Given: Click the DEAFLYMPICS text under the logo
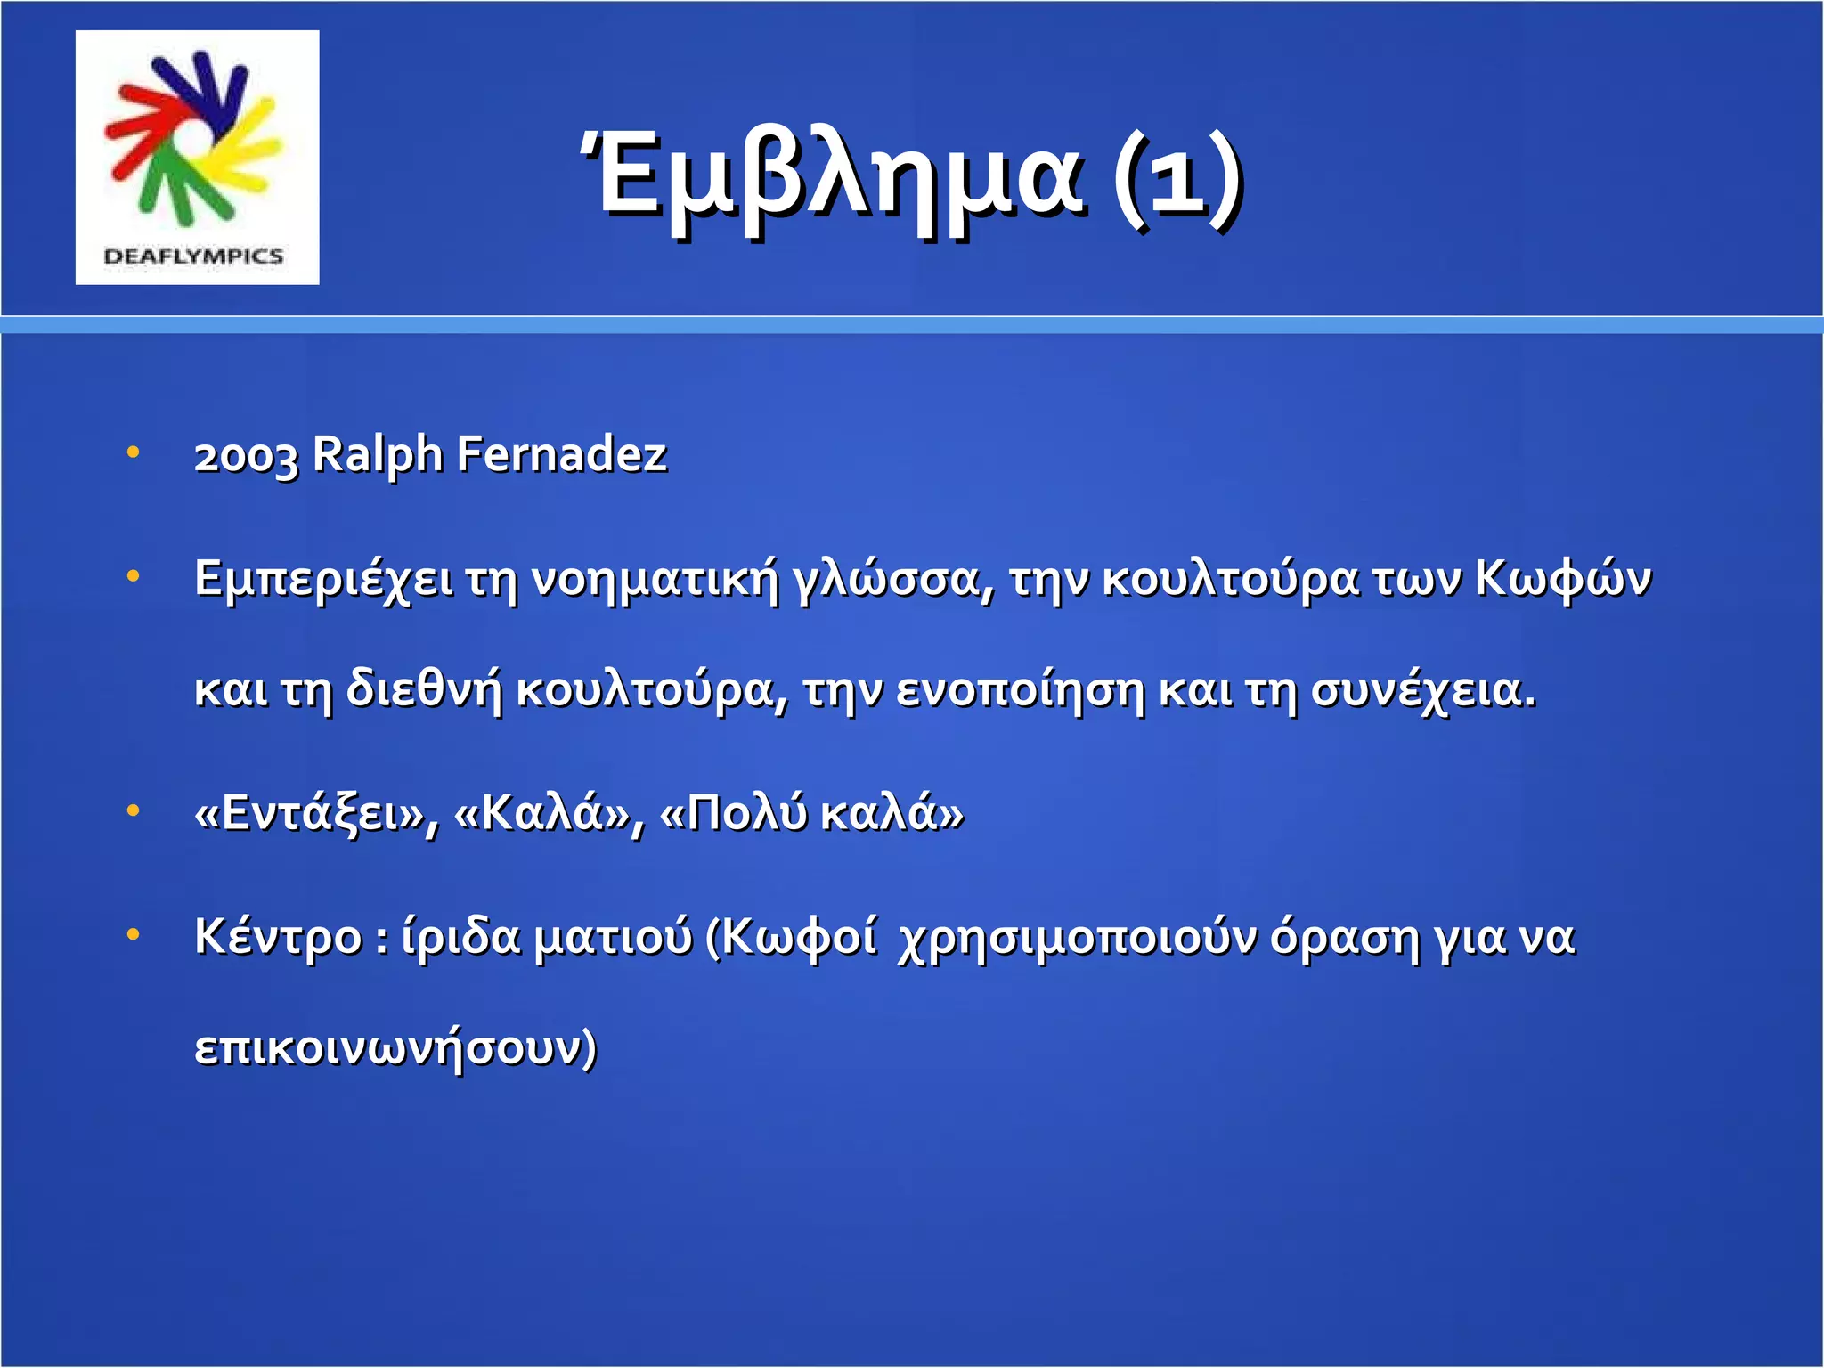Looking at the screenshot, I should pyautogui.click(x=193, y=256).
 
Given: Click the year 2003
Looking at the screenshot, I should pyautogui.click(x=246, y=456).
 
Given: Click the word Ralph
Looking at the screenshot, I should pyautogui.click(x=378, y=456).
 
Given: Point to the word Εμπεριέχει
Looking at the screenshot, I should pyautogui.click(x=322, y=579).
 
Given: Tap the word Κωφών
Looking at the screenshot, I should pyautogui.click(x=1563, y=579).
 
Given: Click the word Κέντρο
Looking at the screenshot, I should pyautogui.click(x=278, y=937).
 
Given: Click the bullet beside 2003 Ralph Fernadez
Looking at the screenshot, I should pyautogui.click(x=134, y=452).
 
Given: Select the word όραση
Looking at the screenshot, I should pyautogui.click(x=1344, y=937).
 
